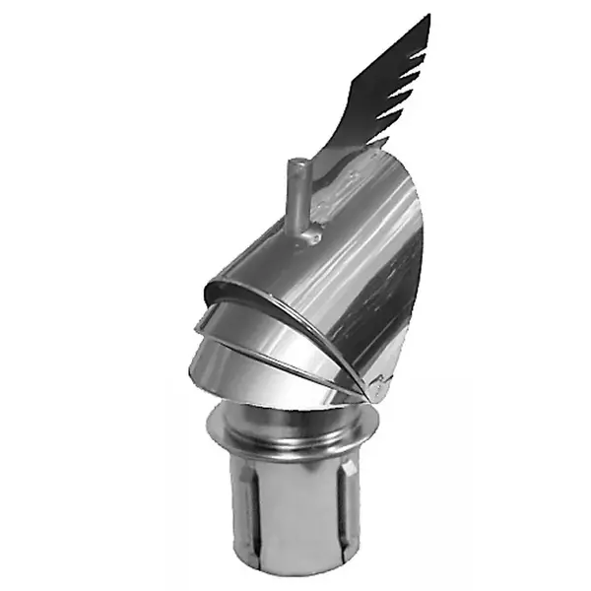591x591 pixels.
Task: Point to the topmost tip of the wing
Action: pyautogui.click(x=427, y=17)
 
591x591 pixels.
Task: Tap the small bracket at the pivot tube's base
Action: pyautogui.click(x=308, y=236)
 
